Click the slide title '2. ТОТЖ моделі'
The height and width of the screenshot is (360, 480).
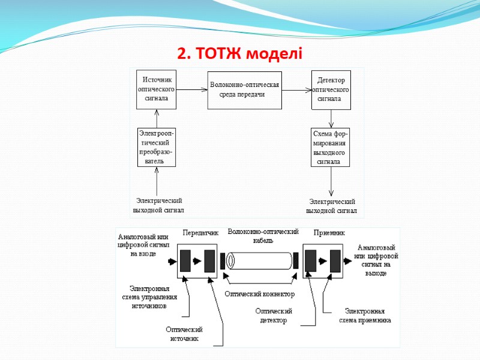240,55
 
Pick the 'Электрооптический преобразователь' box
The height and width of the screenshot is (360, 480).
157,147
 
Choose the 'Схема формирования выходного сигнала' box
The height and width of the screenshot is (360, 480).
331,147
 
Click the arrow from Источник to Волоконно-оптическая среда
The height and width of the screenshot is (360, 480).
192,90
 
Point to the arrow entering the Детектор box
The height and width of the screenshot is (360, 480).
296,90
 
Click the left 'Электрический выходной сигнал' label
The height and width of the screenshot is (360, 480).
158,205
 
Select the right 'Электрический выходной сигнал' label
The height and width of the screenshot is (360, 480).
331,206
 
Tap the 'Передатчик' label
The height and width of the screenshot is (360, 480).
200,232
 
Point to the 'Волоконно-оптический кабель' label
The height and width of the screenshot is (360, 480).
263,236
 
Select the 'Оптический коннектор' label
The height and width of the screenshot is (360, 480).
260,294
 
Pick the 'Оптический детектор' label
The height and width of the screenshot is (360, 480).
273,316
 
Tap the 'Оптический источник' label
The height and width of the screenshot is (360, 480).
184,334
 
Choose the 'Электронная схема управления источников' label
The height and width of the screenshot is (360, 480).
149,297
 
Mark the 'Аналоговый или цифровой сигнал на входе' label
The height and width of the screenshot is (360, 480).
143,245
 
